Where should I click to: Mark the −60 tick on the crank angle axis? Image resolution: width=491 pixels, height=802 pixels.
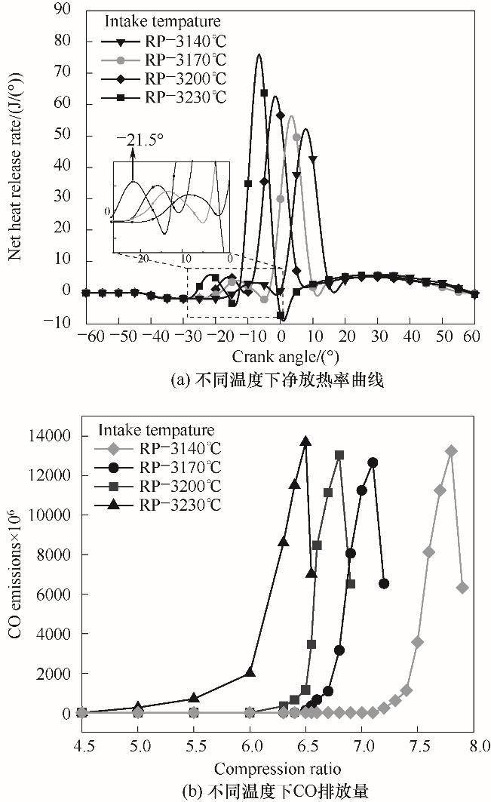point(85,334)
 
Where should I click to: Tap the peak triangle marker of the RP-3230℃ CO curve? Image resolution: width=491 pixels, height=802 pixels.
point(305,441)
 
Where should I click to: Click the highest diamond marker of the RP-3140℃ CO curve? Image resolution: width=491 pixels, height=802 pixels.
point(451,451)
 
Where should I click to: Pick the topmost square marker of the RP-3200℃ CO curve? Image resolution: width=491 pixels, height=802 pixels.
point(339,455)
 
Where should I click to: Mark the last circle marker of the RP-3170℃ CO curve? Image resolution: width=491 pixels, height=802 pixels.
point(384,583)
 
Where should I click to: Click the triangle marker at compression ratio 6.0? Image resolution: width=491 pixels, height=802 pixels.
point(250,673)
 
